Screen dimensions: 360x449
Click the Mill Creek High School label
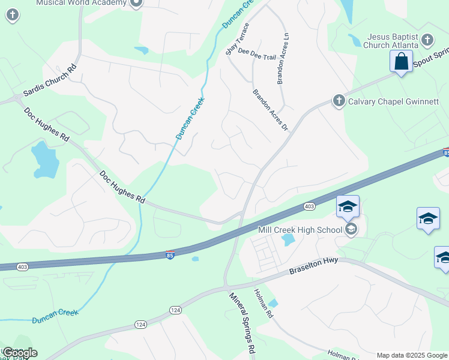point(300,229)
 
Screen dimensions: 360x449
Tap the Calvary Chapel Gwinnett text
point(393,101)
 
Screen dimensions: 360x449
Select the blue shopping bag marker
point(400,61)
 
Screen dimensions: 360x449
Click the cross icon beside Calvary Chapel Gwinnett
point(339,101)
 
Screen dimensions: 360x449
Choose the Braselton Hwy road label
point(314,266)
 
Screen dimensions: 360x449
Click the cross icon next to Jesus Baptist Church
point(427,41)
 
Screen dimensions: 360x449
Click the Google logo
point(19,353)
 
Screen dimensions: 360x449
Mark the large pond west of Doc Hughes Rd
point(45,159)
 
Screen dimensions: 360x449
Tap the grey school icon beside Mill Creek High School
point(351,229)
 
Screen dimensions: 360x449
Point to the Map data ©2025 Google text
point(412,355)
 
